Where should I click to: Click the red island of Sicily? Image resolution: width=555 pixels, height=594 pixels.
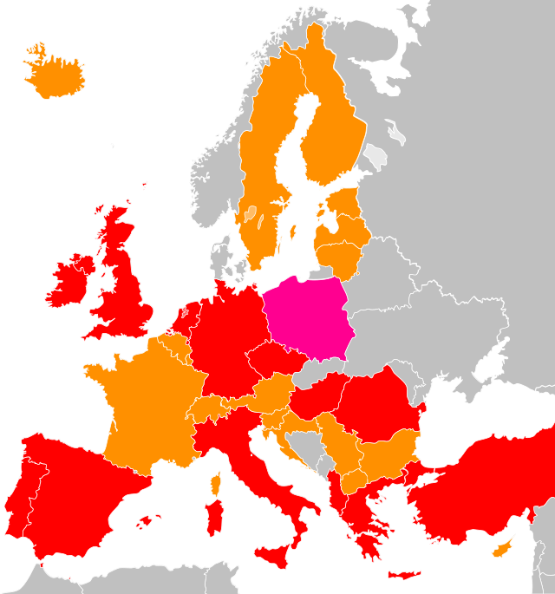pyautogui.click(x=276, y=555)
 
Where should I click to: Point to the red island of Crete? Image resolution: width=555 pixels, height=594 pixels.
pyautogui.click(x=404, y=574)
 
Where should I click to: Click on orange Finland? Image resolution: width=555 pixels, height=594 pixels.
pyautogui.click(x=334, y=130)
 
